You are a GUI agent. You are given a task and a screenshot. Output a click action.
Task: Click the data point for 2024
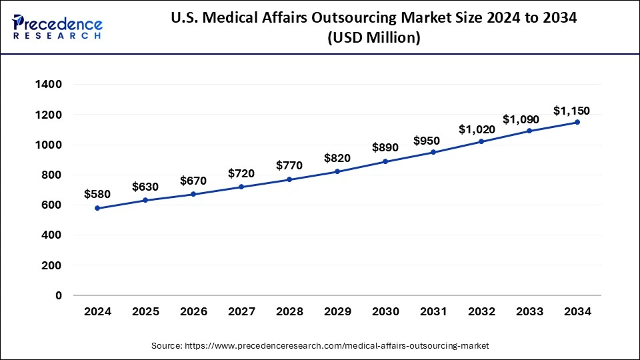coord(97,208)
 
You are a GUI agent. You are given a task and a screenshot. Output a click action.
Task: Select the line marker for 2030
coord(385,161)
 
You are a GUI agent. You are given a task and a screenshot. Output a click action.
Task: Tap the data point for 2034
coord(577,122)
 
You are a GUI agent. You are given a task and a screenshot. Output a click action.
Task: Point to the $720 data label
coord(241,173)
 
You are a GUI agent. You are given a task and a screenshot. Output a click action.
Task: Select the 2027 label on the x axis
coord(241,311)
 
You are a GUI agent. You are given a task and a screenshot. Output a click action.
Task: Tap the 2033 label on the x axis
coord(529,311)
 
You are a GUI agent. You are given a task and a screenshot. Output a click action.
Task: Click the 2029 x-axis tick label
coord(337,311)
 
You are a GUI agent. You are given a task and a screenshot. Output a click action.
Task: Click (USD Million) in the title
coord(373,39)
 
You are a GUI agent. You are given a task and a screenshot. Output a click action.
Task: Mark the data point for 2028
coord(289,179)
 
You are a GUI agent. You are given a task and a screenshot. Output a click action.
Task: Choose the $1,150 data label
coord(571,110)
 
